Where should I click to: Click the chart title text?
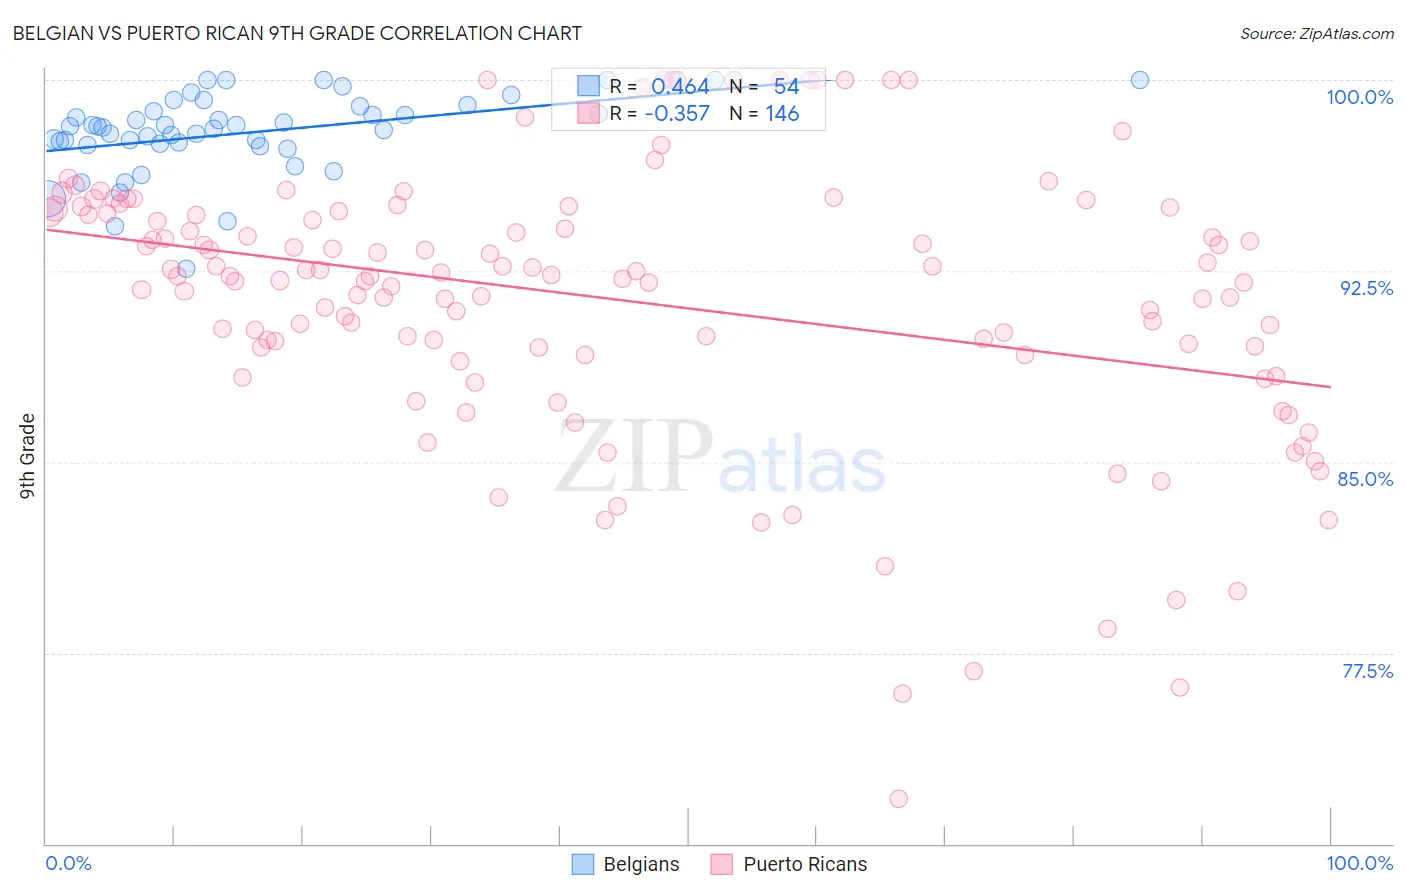pos(296,33)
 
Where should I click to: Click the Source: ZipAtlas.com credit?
pos(1316,33)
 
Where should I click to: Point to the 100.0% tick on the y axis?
pos(1359,97)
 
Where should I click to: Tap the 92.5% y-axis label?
pos(1366,288)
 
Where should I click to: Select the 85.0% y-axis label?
pos(1365,479)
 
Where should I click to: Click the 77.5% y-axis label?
pos(1367,671)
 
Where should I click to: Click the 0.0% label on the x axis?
pos(68,863)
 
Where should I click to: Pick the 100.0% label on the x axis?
pos(1359,863)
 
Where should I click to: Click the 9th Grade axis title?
pos(28,455)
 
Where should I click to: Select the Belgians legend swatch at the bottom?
pos(583,864)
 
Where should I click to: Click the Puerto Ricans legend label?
pos(805,864)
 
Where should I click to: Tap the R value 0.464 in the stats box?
pos(680,87)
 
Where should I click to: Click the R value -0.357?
pos(677,114)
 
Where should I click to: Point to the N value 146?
pos(782,114)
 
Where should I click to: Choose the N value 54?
pos(786,87)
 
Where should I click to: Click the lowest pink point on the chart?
pos(898,798)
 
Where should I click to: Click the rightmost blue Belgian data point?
pos(1139,80)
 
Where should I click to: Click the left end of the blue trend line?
pos(46,150)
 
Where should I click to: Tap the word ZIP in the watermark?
pos(633,456)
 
